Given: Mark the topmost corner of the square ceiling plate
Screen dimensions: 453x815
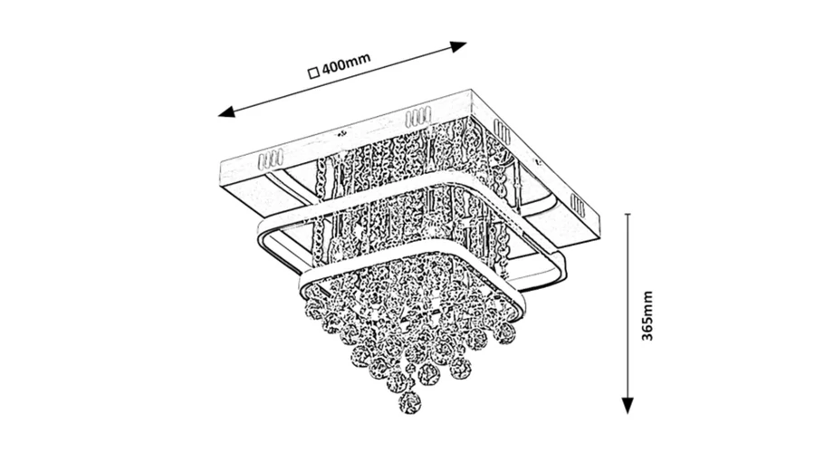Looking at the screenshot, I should click(467, 90).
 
